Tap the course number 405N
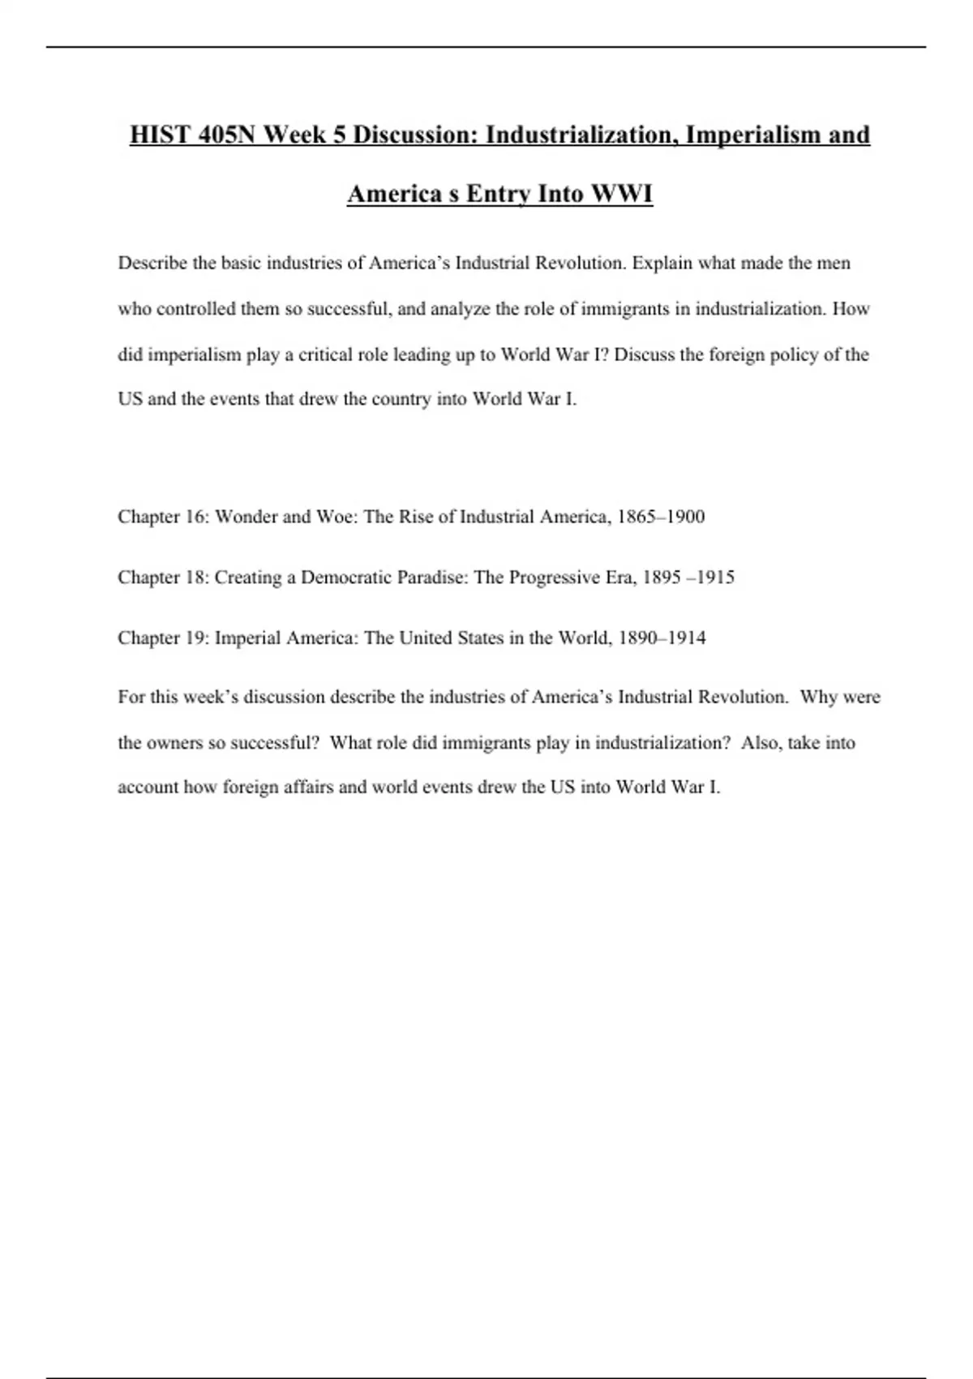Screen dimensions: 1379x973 pyautogui.click(x=226, y=135)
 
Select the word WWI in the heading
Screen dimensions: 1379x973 pyautogui.click(x=622, y=195)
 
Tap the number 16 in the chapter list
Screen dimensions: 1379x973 pyautogui.click(x=197, y=517)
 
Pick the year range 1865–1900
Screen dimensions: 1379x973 pyautogui.click(x=661, y=517)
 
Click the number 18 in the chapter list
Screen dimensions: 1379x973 pyautogui.click(x=197, y=578)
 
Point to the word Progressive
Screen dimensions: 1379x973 pyautogui.click(x=554, y=578)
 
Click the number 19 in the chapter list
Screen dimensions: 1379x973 pyautogui.click(x=197, y=638)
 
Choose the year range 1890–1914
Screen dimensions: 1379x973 pyautogui.click(x=662, y=638)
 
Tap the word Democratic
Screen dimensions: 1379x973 pyautogui.click(x=346, y=578)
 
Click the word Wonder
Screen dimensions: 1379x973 pyautogui.click(x=246, y=517)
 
